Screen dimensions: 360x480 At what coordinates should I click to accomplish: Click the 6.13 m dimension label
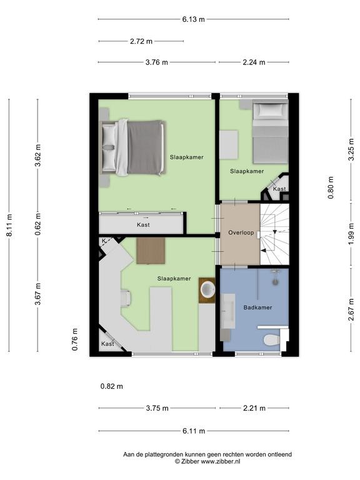pos(194,19)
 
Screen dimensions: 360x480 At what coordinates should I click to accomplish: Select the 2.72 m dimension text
pos(141,41)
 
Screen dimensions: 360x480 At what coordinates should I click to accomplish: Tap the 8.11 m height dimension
pos(9,225)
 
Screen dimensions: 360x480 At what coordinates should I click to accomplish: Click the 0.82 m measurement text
pos(112,386)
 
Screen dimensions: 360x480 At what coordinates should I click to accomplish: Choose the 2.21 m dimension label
pos(254,408)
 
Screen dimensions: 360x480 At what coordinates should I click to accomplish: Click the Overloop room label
pos(241,232)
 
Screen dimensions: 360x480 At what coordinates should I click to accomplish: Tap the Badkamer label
pos(257,307)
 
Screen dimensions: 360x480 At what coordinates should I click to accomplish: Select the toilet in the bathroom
pos(271,339)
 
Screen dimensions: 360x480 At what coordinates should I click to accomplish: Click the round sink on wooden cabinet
pos(207,290)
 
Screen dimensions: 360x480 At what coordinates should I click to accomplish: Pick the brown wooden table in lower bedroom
pos(151,251)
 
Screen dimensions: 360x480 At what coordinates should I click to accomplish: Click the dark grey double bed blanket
pos(144,147)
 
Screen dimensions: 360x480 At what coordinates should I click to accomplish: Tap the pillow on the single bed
pos(270,109)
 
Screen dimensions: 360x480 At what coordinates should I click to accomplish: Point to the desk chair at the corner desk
pos(126,299)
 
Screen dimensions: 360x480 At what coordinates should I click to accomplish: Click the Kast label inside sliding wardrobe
pos(143,225)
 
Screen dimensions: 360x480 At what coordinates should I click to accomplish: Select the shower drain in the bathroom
pos(276,281)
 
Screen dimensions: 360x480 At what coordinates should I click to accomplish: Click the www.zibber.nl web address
pos(221,461)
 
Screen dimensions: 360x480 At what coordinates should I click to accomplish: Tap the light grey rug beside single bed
pos(229,145)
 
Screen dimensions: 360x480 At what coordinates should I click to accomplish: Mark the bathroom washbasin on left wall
pos(227,311)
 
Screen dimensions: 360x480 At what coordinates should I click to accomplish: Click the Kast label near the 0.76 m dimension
pos(107,344)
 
